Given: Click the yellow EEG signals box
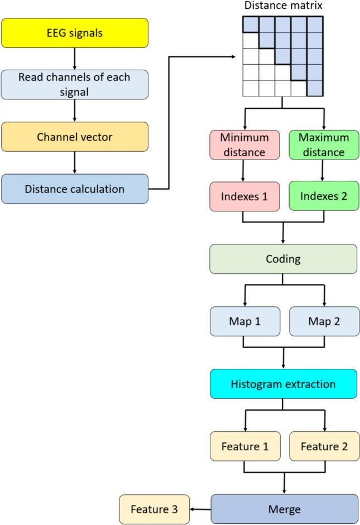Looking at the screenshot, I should tap(74, 32).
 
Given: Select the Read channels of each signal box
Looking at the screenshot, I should tap(74, 84).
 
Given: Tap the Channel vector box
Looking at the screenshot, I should tap(74, 137).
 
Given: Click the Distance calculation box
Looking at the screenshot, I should tap(74, 189).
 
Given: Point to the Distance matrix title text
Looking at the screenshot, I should tap(283, 6).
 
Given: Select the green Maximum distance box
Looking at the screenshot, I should tap(322, 144).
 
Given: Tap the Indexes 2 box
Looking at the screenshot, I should tap(322, 197).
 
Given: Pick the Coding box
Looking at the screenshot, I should tap(282, 259).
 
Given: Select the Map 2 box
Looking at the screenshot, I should tap(322, 322).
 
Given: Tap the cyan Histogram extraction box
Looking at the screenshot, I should tap(282, 384).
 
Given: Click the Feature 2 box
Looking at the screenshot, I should tap(322, 446).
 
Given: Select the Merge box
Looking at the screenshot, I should tap(284, 509).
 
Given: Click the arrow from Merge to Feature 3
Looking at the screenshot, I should tap(200, 509).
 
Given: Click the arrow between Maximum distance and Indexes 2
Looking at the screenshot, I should tap(322, 171).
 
